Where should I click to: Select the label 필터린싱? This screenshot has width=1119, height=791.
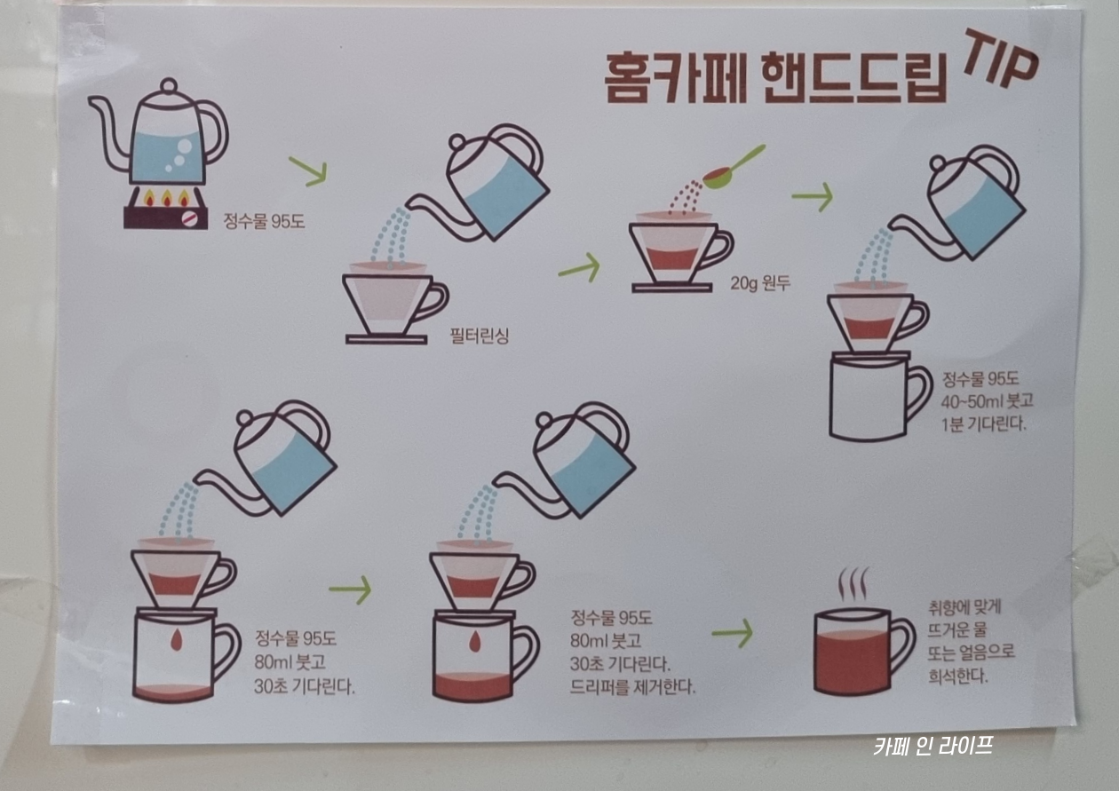click(x=479, y=335)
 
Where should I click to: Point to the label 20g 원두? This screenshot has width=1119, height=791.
click(x=760, y=283)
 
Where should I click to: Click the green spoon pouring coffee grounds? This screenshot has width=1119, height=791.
click(x=734, y=168)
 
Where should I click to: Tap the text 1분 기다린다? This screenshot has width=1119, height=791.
click(x=984, y=424)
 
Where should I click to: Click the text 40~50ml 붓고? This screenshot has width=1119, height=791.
click(x=988, y=401)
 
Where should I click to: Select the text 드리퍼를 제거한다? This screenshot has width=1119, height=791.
click(x=632, y=688)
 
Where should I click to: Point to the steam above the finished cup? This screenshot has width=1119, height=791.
click(x=853, y=583)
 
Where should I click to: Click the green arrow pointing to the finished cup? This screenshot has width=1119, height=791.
click(x=732, y=633)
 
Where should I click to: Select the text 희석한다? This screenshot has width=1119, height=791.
click(x=957, y=676)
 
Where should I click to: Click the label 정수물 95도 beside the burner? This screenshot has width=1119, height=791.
click(x=264, y=221)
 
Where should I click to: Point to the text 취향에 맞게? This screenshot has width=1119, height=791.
click(x=964, y=608)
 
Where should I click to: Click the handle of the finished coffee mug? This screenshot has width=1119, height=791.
click(x=903, y=648)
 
